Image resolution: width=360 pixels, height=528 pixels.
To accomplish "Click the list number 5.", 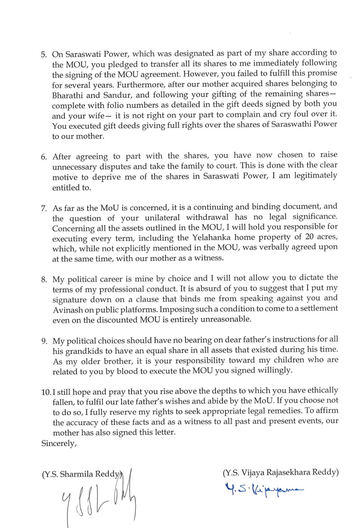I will pos(43,54).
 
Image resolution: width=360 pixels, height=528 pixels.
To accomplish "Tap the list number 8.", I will pos(44,279).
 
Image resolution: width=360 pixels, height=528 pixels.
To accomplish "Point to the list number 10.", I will pos(46,392).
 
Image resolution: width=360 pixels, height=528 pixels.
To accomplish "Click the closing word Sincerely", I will pos(59,443).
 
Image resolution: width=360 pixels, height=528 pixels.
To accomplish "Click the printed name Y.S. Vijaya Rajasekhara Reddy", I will pos(281,472).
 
